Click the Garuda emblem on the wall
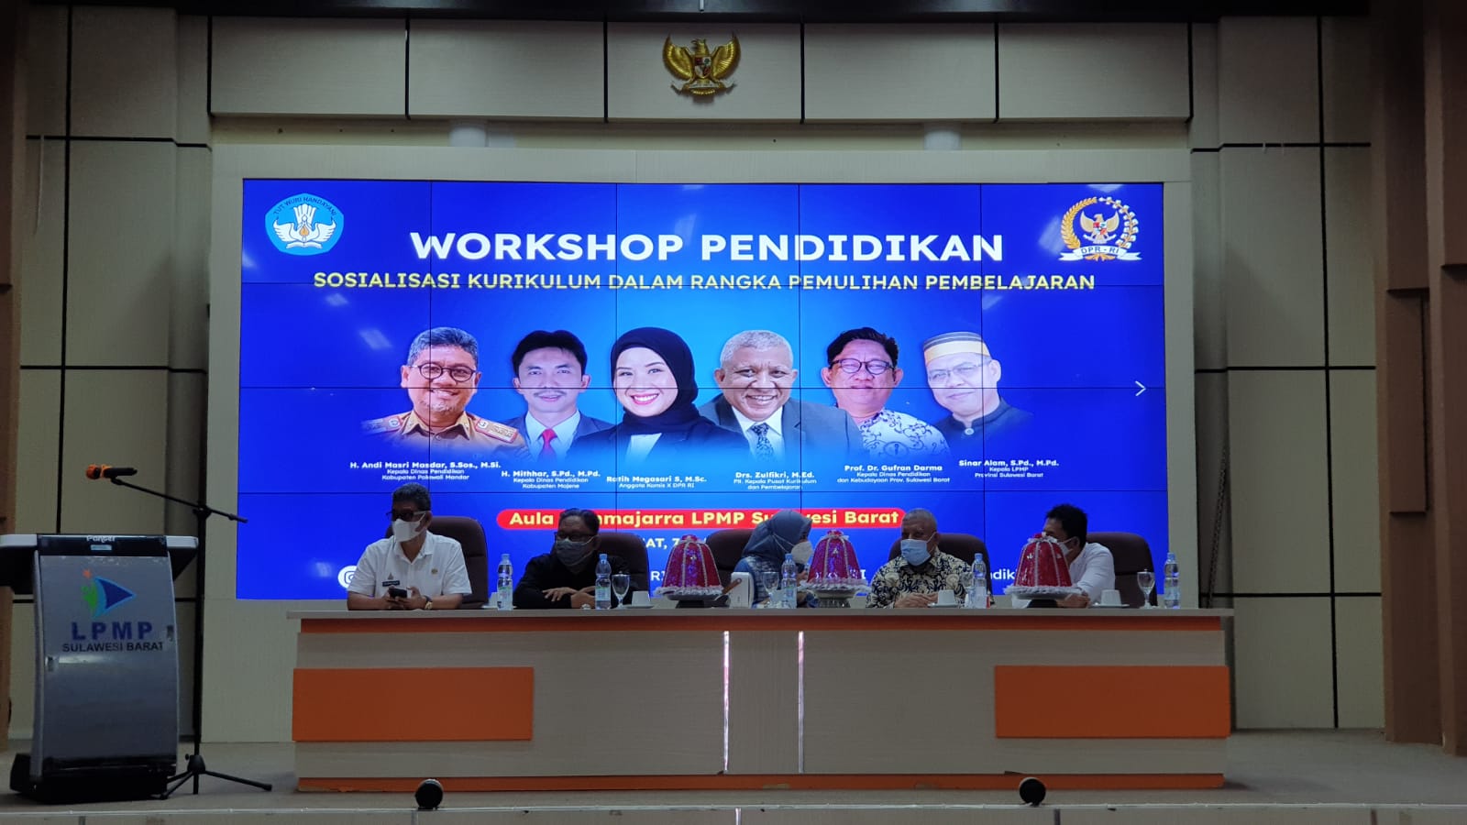tap(701, 64)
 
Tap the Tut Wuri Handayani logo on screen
tap(303, 225)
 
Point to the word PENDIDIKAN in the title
tap(852, 247)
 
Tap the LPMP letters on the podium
tap(112, 630)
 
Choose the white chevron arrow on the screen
tap(1140, 389)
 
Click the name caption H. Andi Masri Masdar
tap(425, 466)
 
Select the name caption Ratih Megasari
tap(656, 478)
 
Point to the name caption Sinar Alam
tap(1008, 464)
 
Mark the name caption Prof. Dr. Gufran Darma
tap(892, 468)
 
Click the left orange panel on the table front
tap(413, 703)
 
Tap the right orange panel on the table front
tap(1111, 701)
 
